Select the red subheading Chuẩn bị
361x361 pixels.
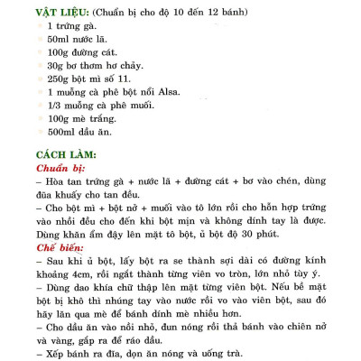60,169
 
